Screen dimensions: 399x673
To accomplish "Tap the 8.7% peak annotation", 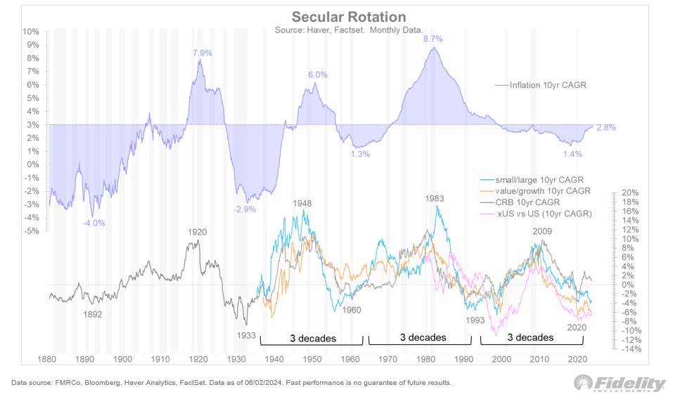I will [432, 39].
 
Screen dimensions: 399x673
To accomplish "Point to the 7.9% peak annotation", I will [203, 53].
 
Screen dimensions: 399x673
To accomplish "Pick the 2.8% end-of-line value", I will [605, 127].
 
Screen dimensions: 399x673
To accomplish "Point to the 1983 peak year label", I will [434, 199].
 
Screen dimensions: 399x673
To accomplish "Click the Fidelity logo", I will [620, 384].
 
